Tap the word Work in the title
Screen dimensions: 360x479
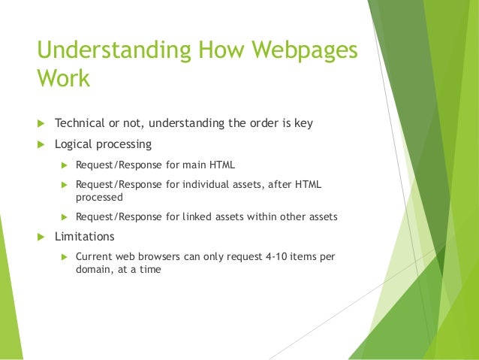point(63,79)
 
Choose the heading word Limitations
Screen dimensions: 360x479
point(85,237)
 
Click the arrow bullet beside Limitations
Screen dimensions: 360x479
point(41,237)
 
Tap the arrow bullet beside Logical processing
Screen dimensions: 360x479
point(41,144)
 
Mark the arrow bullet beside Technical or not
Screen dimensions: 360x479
point(41,123)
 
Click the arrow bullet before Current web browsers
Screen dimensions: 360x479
point(64,257)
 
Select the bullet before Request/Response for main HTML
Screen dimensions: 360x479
point(64,164)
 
